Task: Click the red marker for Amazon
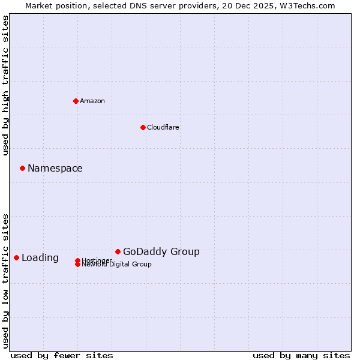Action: [76, 101]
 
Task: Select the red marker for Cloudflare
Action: [143, 127]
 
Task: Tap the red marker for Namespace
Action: [22, 168]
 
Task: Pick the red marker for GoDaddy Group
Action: [118, 251]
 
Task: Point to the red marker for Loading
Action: [16, 257]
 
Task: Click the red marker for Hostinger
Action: [77, 260]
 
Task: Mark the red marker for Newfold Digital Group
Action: [77, 265]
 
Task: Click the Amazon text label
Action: [92, 101]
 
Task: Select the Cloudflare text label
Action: [163, 127]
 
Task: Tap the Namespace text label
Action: [55, 168]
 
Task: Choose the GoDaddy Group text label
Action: [161, 251]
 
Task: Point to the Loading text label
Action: [40, 258]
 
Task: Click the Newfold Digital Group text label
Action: [117, 265]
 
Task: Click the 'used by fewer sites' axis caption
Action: [62, 355]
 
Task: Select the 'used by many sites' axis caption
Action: [301, 355]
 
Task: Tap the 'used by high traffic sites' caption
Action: [6, 85]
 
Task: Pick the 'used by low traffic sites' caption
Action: [6, 280]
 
